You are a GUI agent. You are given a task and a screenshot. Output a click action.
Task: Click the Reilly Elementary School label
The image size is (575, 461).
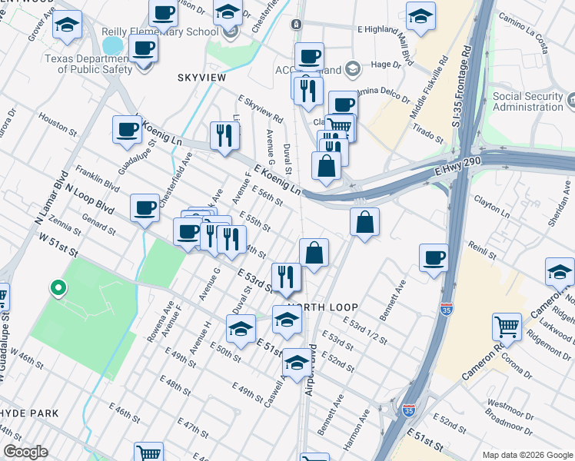click(x=171, y=32)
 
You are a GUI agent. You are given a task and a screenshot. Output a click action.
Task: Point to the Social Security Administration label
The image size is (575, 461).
click(x=528, y=101)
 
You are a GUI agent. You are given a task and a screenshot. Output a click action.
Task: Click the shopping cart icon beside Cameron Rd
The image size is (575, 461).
click(x=507, y=327)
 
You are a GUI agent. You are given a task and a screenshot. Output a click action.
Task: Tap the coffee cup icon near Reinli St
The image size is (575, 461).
click(x=434, y=257)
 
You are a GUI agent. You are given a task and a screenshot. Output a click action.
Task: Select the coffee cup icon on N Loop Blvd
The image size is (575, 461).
click(x=145, y=208)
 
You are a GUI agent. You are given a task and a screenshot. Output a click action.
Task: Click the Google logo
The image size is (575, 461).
click(x=26, y=452)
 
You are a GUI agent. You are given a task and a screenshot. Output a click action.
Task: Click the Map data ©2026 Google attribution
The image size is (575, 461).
click(x=526, y=454)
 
